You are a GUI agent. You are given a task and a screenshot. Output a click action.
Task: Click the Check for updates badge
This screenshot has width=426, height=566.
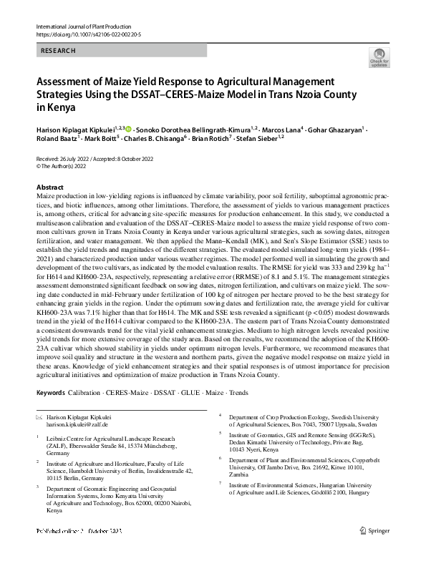click(x=379, y=59)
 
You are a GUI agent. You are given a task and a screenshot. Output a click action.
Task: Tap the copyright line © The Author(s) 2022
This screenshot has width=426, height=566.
click(x=65, y=165)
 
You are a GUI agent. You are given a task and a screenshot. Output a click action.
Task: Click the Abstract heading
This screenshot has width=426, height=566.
click(x=49, y=187)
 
